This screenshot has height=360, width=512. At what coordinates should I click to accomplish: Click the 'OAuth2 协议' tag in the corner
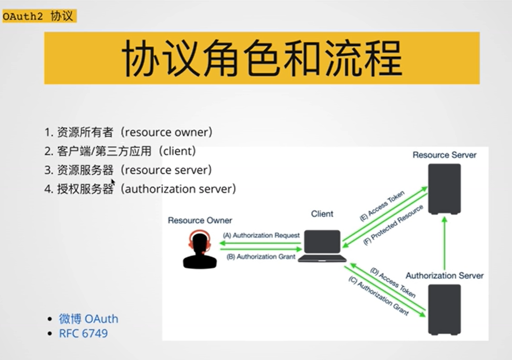pyautogui.click(x=39, y=17)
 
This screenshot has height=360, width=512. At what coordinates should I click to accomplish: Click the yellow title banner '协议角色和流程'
pyautogui.click(x=262, y=58)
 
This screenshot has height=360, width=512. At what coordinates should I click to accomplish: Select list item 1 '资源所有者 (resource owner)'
pyautogui.click(x=128, y=132)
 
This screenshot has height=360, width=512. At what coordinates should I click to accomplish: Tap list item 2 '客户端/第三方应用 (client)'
pyautogui.click(x=120, y=151)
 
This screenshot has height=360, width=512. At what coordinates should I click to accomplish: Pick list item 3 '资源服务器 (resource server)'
pyautogui.click(x=128, y=170)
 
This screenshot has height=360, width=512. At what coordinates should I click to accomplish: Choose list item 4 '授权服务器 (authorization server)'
pyautogui.click(x=140, y=189)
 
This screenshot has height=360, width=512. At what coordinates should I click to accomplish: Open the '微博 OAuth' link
pyautogui.click(x=88, y=319)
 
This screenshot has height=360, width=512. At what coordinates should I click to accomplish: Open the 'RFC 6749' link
pyautogui.click(x=83, y=333)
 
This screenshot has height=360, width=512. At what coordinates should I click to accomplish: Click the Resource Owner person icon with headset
pyautogui.click(x=199, y=249)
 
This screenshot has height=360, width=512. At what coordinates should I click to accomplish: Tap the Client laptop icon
pyautogui.click(x=322, y=246)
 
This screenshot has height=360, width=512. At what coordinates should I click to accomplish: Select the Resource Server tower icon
pyautogui.click(x=444, y=189)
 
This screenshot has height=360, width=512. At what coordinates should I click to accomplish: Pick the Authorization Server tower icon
pyautogui.click(x=444, y=310)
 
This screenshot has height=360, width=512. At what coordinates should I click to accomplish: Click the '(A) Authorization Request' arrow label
pyautogui.click(x=261, y=235)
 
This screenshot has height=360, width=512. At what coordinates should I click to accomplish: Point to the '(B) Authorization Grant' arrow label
pyautogui.click(x=261, y=257)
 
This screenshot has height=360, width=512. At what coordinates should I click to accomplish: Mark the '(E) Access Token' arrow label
pyautogui.click(x=382, y=206)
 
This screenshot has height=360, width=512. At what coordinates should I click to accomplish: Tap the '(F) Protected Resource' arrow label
pyautogui.click(x=393, y=225)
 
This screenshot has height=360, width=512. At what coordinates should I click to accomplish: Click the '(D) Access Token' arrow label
pyautogui.click(x=392, y=283)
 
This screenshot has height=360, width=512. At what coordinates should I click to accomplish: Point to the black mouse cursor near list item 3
pyautogui.click(x=113, y=182)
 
